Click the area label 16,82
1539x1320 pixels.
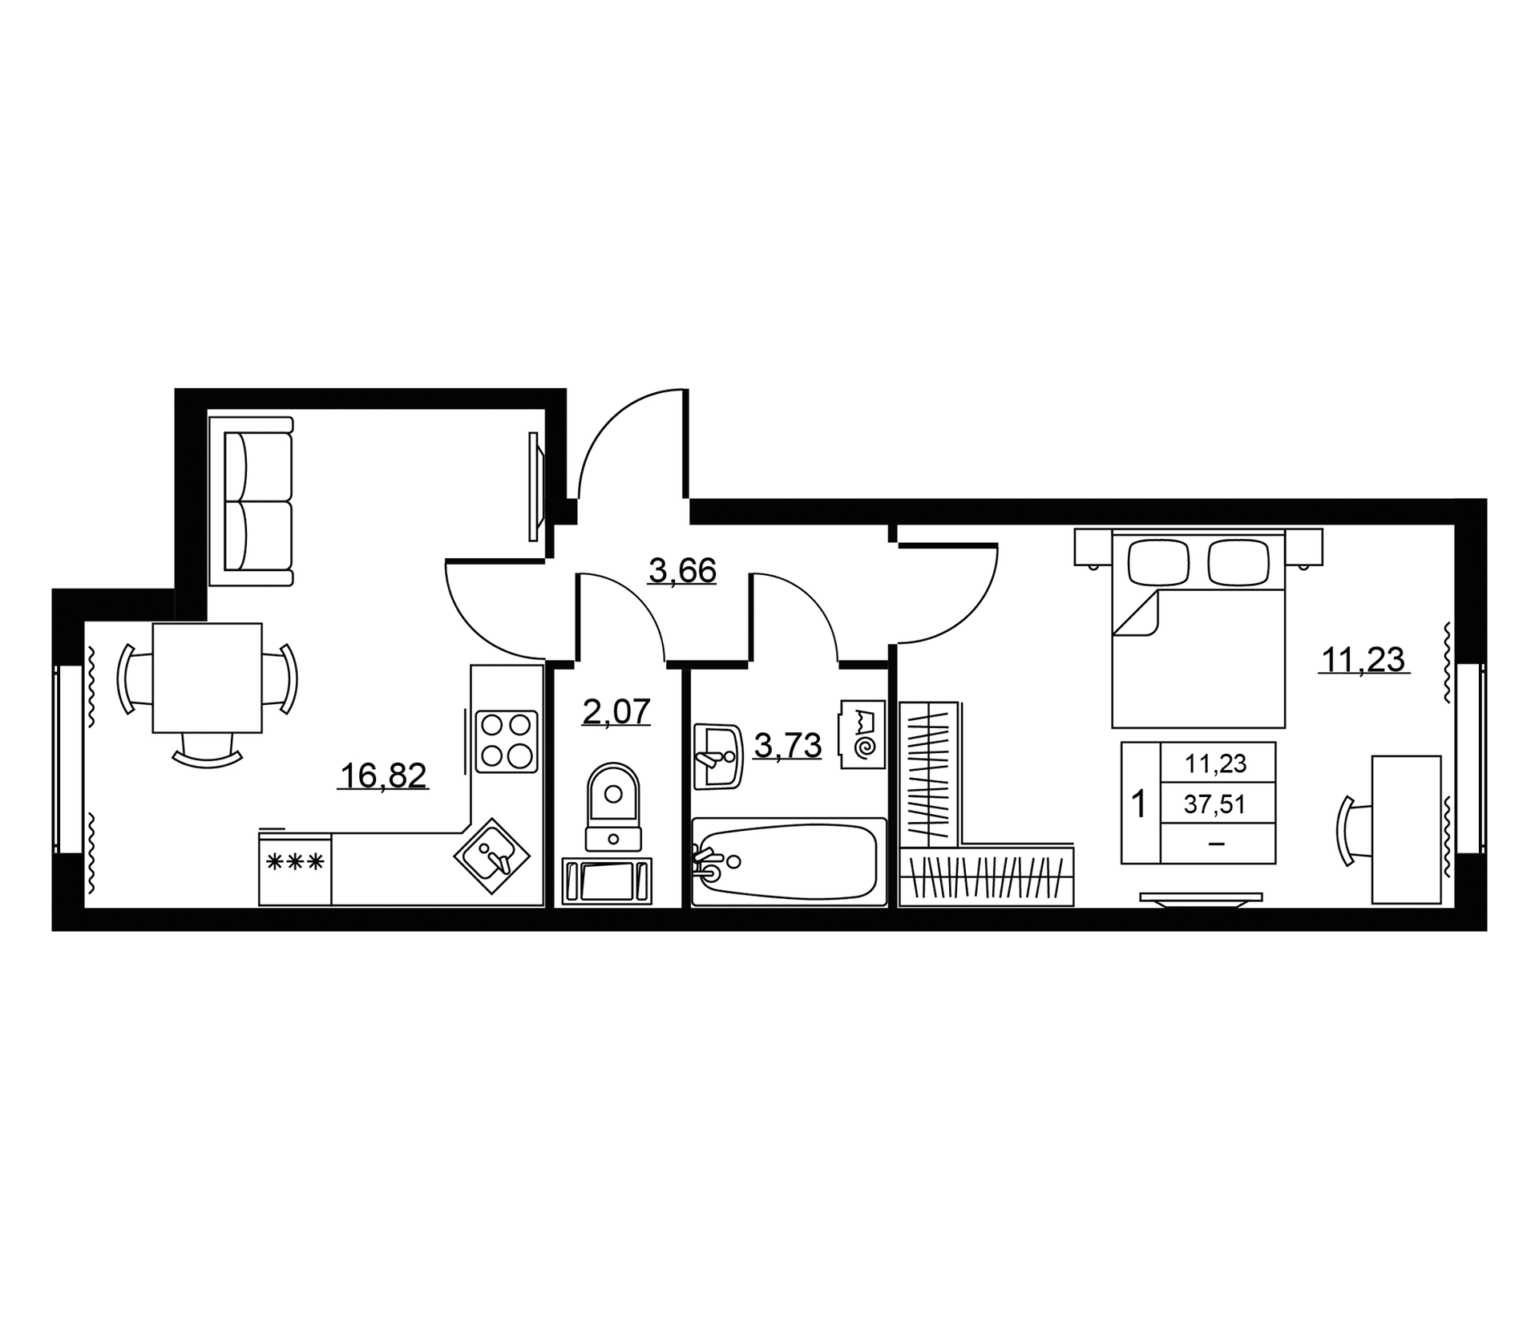(x=383, y=775)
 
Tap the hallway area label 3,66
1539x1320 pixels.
(x=682, y=571)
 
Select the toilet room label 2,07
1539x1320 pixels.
(x=616, y=711)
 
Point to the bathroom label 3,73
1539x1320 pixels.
(x=788, y=746)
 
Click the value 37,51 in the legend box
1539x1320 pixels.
(x=1215, y=804)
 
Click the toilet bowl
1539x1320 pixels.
(x=613, y=806)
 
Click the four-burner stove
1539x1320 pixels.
(x=506, y=742)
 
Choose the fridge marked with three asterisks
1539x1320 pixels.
(x=295, y=869)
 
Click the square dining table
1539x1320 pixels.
(x=208, y=678)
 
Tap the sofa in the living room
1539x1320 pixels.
(x=251, y=500)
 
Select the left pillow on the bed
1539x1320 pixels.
(x=1158, y=561)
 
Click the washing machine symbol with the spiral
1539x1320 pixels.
(x=862, y=735)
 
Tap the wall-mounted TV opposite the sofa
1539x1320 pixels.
(x=535, y=487)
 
